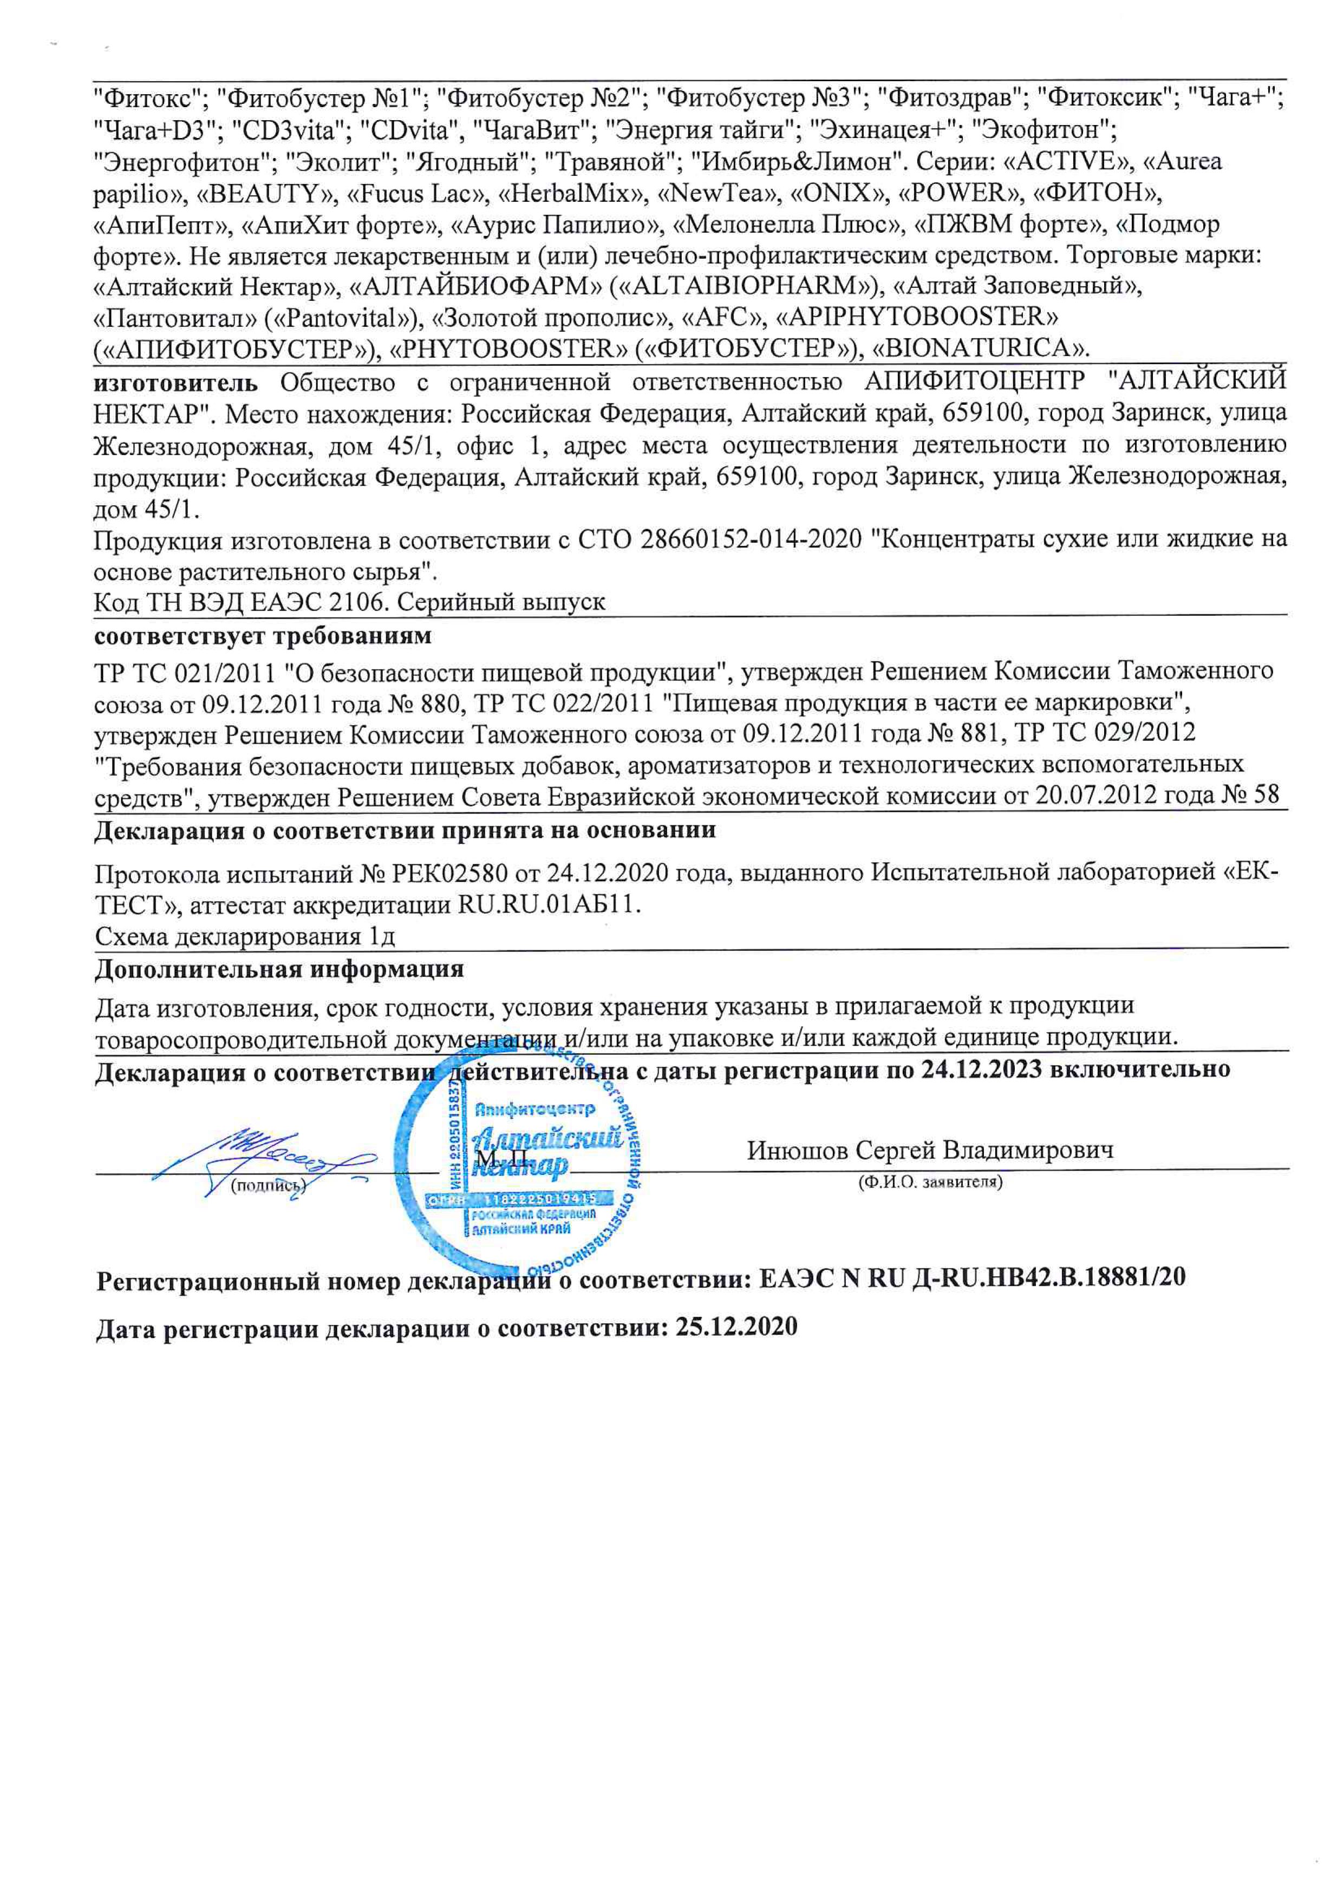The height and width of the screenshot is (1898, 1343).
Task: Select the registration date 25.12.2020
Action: click(736, 1328)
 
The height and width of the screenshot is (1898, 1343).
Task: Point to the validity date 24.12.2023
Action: click(982, 1069)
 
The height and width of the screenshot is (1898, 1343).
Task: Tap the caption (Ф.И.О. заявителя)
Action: click(930, 1182)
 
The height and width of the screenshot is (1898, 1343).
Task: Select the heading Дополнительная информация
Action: click(279, 969)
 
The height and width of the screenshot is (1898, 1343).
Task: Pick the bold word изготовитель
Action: click(175, 382)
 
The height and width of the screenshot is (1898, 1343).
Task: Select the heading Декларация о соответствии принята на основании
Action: click(405, 830)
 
